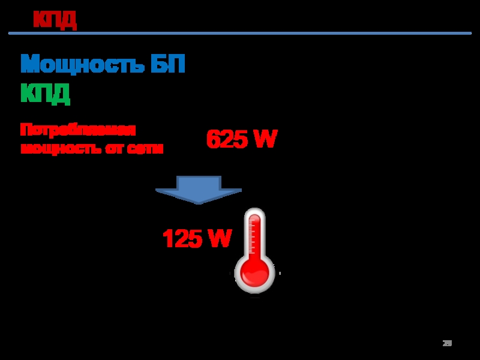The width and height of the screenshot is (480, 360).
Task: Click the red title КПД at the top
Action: pos(55,20)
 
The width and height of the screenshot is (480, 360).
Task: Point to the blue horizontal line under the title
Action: pos(240,34)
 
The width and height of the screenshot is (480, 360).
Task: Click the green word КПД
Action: pos(46,93)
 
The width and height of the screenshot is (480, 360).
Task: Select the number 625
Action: pos(226,140)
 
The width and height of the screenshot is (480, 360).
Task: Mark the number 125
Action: pos(182,239)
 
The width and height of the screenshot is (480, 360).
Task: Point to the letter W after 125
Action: pos(220,239)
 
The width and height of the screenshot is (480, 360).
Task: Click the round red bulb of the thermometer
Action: pos(255,273)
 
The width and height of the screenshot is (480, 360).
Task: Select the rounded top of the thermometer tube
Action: pos(255,214)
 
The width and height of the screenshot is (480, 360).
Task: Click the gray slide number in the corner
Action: pos(447,344)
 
